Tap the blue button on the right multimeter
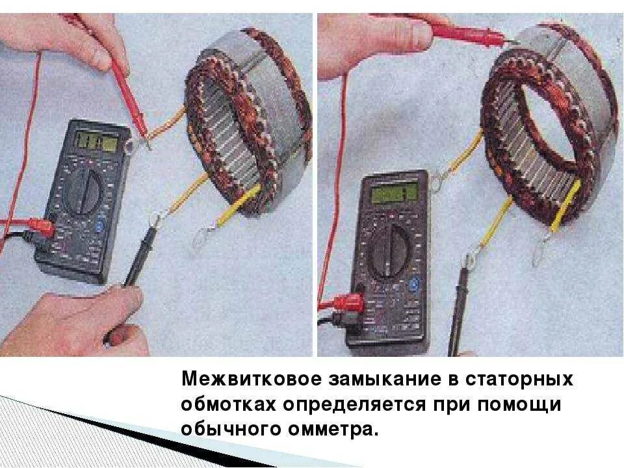click(413, 286)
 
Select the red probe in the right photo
click(468, 34)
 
